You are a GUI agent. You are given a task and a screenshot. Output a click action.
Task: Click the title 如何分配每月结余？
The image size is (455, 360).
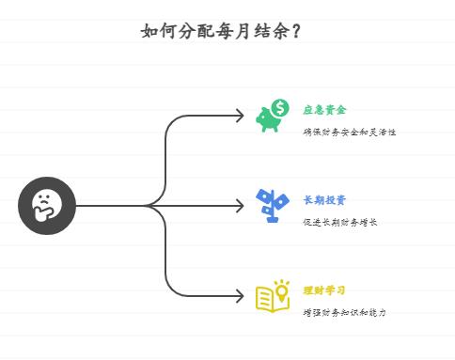click(221, 31)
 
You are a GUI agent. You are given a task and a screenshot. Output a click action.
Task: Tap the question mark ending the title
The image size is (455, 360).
click(297, 31)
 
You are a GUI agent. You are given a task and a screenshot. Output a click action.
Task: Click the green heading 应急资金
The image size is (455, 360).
click(324, 110)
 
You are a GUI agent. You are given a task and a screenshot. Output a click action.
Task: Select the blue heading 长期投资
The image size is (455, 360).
click(324, 200)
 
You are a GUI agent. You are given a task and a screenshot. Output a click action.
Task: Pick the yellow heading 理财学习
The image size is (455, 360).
click(324, 290)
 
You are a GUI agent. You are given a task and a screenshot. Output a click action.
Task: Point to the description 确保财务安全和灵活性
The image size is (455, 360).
click(349, 133)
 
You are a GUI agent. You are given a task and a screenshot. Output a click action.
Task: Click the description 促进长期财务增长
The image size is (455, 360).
click(339, 223)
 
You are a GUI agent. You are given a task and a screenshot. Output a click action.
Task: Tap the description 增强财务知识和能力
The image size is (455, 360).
click(344, 313)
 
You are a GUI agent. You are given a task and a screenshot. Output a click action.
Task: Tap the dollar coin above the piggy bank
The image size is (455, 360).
click(281, 107)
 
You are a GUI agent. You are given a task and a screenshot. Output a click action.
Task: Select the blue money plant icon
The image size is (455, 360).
click(273, 205)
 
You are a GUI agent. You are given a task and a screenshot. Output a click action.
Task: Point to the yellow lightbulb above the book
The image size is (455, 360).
click(282, 286)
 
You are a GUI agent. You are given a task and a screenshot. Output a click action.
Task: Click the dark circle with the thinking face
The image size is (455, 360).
click(46, 205)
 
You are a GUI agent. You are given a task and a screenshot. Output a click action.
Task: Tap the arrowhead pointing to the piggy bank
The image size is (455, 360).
click(241, 116)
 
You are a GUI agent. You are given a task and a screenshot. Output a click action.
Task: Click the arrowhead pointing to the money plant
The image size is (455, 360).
click(241, 206)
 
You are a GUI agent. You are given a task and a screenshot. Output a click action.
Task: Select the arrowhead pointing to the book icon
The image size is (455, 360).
click(241, 296)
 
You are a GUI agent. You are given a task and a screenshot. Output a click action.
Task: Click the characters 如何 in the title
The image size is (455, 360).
click(155, 31)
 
